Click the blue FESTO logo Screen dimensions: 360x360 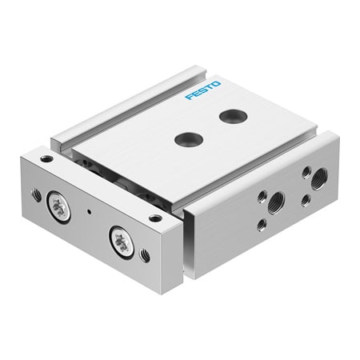[x=203, y=90]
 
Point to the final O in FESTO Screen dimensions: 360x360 [x=217, y=83]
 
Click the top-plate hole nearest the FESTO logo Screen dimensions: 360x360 [x=232, y=117]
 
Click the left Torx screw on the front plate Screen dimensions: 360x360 [x=58, y=206]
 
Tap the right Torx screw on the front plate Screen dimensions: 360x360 [x=122, y=241]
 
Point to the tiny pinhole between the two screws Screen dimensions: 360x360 [x=90, y=212]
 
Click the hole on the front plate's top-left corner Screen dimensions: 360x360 [x=46, y=159]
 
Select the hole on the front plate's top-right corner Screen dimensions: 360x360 [x=155, y=217]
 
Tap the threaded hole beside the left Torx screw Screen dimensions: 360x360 [x=37, y=194]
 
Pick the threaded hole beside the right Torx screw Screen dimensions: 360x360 [x=145, y=255]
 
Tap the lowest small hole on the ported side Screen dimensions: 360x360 [x=262, y=225]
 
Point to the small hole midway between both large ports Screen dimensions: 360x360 [x=305, y=199]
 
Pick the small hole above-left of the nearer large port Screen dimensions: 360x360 [x=262, y=194]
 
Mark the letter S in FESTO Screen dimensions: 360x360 [x=203, y=90]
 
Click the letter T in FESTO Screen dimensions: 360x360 [x=210, y=86]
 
